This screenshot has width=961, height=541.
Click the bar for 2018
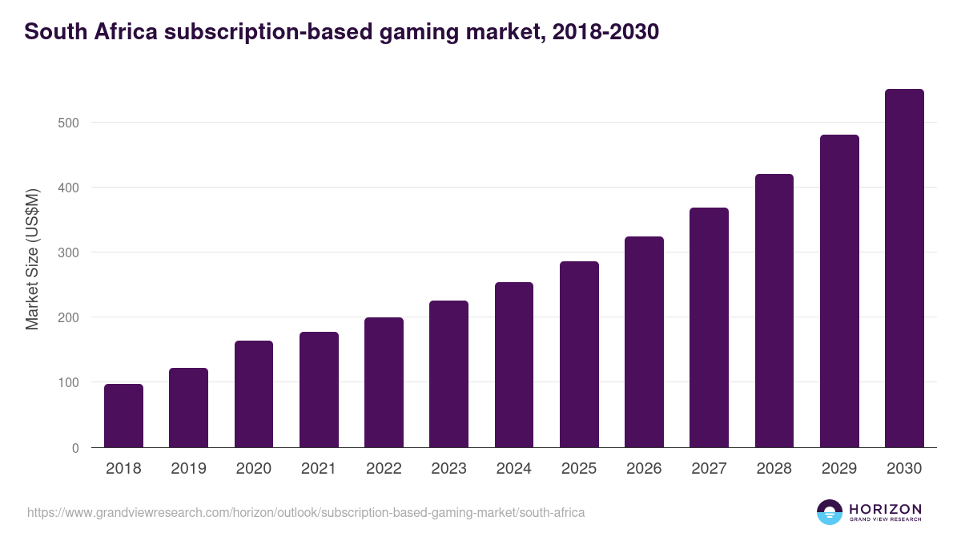pyautogui.click(x=123, y=416)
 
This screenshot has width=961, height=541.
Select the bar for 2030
pyautogui.click(x=904, y=268)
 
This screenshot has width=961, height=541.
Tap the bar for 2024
pyautogui.click(x=514, y=365)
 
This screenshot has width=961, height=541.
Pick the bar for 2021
pyautogui.click(x=319, y=390)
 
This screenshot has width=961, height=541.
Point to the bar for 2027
pyautogui.click(x=709, y=328)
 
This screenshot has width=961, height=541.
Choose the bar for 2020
pyautogui.click(x=254, y=394)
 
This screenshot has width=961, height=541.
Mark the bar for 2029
pyautogui.click(x=839, y=291)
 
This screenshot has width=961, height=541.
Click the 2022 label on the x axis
pyautogui.click(x=384, y=469)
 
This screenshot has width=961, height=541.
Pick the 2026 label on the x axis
pyautogui.click(x=644, y=469)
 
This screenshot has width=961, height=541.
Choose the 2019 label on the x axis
pyautogui.click(x=188, y=469)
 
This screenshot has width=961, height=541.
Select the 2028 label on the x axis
pyautogui.click(x=774, y=469)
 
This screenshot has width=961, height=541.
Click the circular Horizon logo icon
pyautogui.click(x=829, y=512)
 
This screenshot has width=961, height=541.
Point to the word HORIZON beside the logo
pyautogui.click(x=885, y=508)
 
